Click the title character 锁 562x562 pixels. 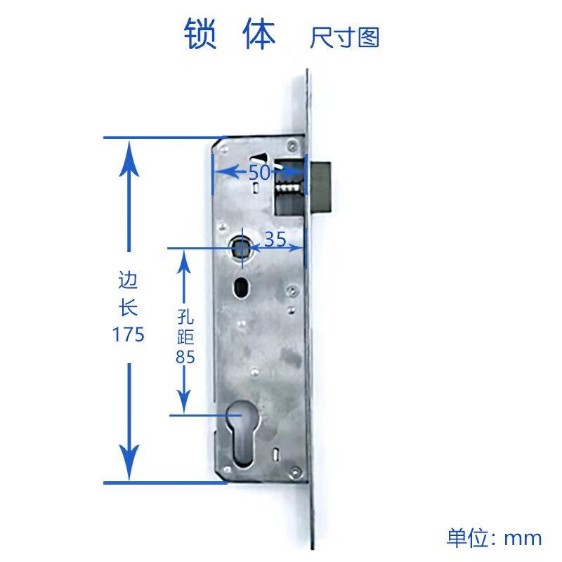coord(200,34)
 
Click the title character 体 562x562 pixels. coord(259,34)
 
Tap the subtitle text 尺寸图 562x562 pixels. coord(345,38)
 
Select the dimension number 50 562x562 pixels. coord(259,172)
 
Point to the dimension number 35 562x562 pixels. coord(275,239)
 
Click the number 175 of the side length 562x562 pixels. coord(129,334)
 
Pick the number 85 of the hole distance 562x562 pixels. coord(185,357)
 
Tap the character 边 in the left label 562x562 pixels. coord(128,280)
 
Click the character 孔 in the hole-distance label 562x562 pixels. coord(185,316)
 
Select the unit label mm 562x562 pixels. coord(523,539)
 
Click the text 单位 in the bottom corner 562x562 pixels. coord(467,537)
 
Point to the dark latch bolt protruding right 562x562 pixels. coord(320,186)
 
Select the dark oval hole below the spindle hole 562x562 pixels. coord(241,288)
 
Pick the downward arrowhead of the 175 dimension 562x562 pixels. coord(129,462)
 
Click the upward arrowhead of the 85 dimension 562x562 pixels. coord(184,262)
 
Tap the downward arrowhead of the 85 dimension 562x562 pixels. coord(184,401)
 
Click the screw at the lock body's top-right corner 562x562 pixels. coord(292,145)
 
